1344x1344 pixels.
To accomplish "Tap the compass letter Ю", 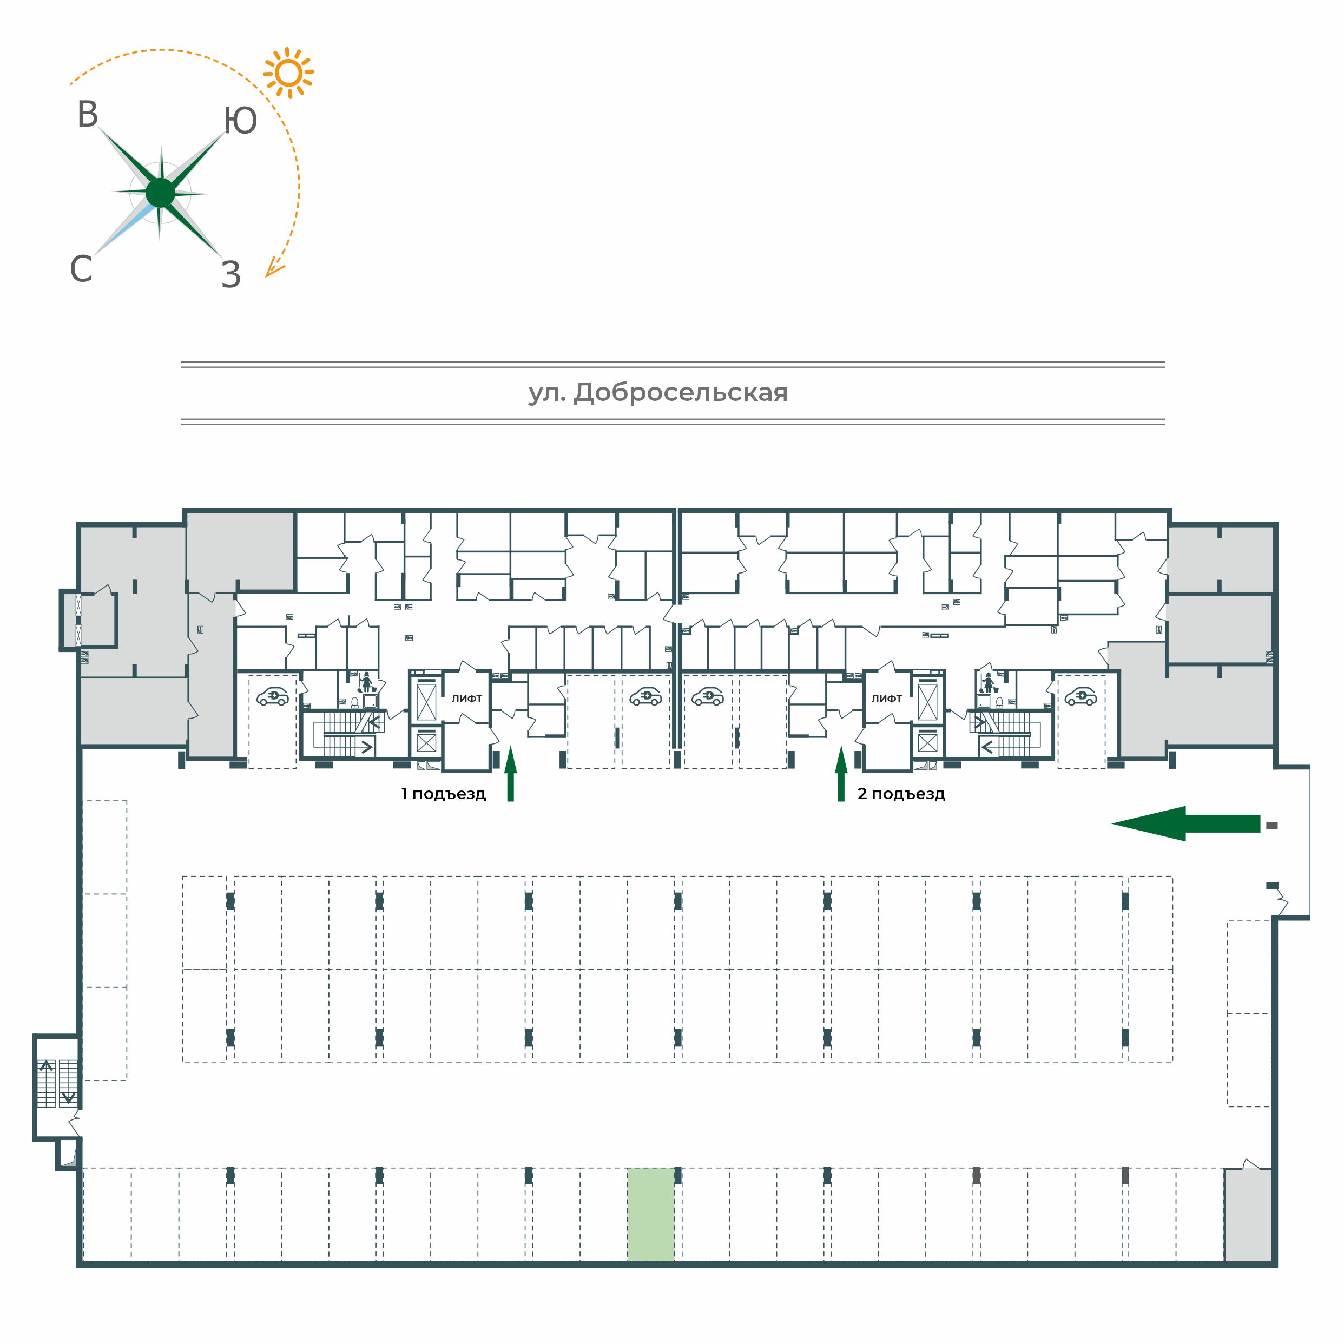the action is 241,121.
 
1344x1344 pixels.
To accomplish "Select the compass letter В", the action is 88,115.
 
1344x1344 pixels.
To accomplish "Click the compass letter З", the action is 231,275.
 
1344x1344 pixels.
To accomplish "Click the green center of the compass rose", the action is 161,193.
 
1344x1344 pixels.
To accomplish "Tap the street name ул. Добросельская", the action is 658,393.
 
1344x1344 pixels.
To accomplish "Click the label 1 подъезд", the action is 443,794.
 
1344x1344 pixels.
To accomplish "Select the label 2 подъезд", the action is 901,794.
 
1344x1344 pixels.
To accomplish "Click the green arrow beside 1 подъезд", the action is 511,774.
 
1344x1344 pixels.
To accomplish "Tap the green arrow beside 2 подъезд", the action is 841,774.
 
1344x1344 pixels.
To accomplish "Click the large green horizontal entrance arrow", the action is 1185,823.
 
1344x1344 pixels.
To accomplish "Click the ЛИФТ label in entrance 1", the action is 467,699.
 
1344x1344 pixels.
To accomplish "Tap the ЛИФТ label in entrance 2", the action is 887,699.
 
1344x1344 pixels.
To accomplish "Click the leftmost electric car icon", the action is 273,696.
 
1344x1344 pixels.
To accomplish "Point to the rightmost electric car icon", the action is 1081,696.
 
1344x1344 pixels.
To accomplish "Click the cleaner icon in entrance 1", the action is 367,682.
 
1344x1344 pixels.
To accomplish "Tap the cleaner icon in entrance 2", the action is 986,682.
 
